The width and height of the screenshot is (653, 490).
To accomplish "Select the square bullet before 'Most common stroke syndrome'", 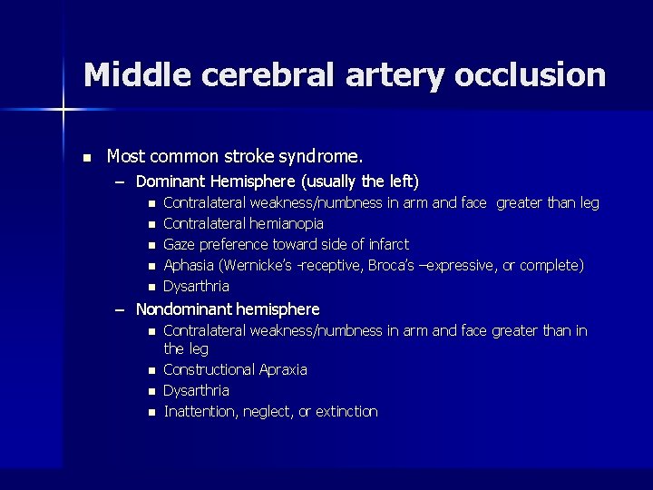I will coord(86,158).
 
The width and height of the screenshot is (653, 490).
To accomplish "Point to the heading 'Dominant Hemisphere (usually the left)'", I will coord(277,181).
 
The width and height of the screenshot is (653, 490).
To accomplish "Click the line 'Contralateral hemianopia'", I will coord(243,223).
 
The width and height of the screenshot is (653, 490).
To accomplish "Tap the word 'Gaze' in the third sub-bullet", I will coord(179,244).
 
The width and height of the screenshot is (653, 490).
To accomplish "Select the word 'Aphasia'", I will coord(188,265).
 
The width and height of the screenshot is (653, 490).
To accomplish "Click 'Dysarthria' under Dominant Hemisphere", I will coord(196,286).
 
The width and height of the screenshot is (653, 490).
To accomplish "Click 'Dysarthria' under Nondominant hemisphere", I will coord(196,390).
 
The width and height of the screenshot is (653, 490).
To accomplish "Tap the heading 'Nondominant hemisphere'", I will coord(228,309).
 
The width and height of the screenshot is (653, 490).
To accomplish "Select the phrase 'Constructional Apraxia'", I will coord(235,369).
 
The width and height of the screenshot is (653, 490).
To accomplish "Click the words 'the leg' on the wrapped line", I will coord(186,348).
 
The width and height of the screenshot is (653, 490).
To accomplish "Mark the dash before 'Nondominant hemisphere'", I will coord(120,310).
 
